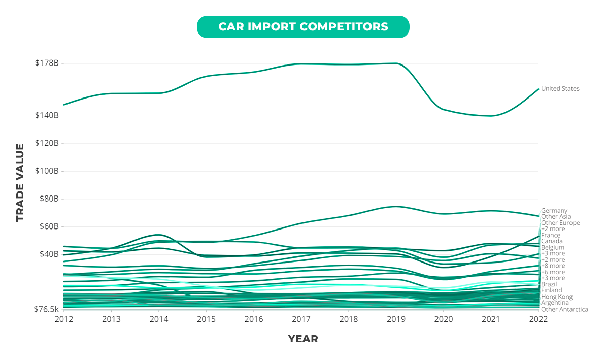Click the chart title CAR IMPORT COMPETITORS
pyautogui.click(x=303, y=26)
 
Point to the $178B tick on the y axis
pyautogui.click(x=47, y=63)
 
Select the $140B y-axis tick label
pyautogui.click(x=47, y=116)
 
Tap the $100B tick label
pyautogui.click(x=47, y=171)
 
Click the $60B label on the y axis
pyautogui.click(x=49, y=226)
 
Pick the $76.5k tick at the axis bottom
pyautogui.click(x=46, y=309)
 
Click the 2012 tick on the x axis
pyautogui.click(x=64, y=319)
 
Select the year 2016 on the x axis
pyautogui.click(x=254, y=319)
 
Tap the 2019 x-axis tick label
pyautogui.click(x=396, y=319)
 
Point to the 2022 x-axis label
pyautogui.click(x=538, y=319)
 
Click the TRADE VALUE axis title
pyautogui.click(x=20, y=182)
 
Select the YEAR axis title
pyautogui.click(x=303, y=339)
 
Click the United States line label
pyautogui.click(x=560, y=89)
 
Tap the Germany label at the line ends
pyautogui.click(x=554, y=211)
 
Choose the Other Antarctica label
pyautogui.click(x=564, y=309)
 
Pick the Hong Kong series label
pyautogui.click(x=557, y=297)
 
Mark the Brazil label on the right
pyautogui.click(x=549, y=284)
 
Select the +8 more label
pyautogui.click(x=553, y=266)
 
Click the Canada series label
pyautogui.click(x=551, y=241)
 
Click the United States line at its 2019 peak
pyautogui.click(x=396, y=63)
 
